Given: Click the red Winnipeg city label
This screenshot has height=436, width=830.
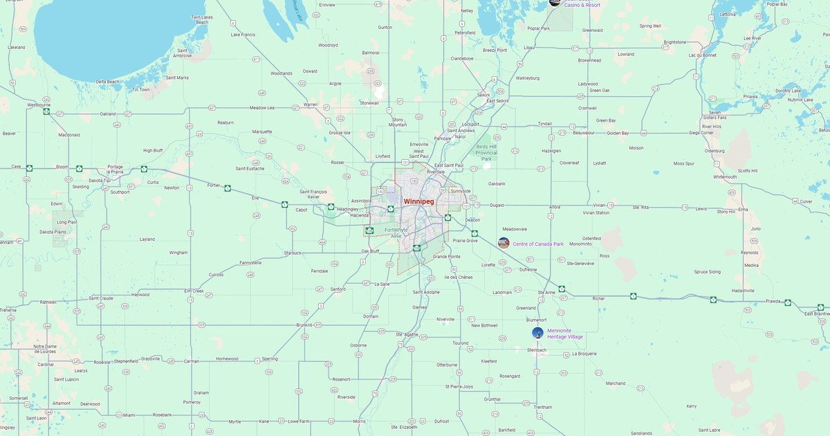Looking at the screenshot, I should tap(418, 201).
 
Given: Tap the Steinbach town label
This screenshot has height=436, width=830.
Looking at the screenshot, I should tap(537, 349).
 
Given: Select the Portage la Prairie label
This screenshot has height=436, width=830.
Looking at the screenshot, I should tap(115, 169).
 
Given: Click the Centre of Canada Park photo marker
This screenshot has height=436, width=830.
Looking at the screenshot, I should tap(504, 243).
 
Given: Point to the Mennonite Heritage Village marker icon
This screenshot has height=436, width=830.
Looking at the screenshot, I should tap(537, 333).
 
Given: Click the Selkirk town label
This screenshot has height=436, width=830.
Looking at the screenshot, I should tap(483, 94).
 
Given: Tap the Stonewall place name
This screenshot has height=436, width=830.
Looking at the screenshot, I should tap(369, 103).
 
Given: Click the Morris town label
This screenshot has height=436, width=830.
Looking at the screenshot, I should tap(359, 421).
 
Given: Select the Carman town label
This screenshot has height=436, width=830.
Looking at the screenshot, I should tap(191, 361).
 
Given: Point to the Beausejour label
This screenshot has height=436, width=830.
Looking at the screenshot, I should tap(584, 132).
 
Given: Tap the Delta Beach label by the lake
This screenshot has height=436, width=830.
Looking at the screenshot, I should tap(107, 82).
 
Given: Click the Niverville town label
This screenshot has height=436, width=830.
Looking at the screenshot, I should tap(445, 319).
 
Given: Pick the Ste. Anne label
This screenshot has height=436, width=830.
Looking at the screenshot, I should tap(546, 292).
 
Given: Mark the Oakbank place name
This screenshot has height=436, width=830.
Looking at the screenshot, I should tap(497, 183).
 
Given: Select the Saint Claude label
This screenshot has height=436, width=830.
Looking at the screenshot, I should tap(101, 298).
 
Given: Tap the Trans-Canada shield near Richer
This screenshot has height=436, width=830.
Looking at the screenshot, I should tap(633, 296).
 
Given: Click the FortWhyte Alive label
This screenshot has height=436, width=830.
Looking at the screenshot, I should tap(396, 233).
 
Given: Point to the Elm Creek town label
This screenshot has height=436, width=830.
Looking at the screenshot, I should tap(194, 291).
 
